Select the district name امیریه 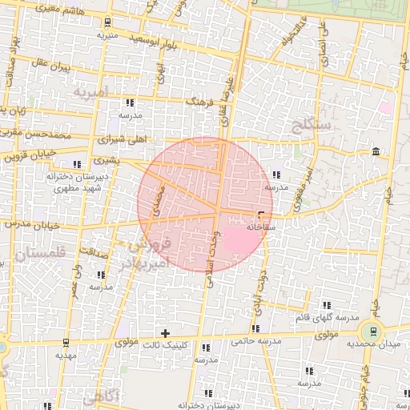coord(89,91)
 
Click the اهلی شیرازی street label coord(120,139)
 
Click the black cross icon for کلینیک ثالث coord(166,333)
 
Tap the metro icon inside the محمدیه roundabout coord(371,332)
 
